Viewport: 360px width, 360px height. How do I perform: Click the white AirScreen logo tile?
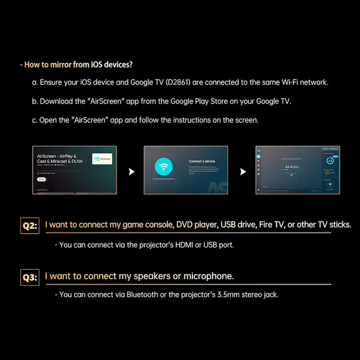[102, 159]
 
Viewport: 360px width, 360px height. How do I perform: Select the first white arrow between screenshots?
[131, 172]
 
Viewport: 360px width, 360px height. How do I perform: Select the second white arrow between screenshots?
[242, 172]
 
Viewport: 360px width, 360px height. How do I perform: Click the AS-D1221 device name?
[292, 166]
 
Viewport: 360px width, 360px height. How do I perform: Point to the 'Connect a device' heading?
[202, 161]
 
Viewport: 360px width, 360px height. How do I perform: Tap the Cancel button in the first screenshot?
[42, 180]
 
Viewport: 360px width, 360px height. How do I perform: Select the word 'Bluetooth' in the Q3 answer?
[142, 295]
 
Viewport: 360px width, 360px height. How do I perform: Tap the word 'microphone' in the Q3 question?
[208, 276]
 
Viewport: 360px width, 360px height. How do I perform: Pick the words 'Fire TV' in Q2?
[272, 224]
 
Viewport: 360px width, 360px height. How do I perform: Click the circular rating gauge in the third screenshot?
[330, 161]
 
